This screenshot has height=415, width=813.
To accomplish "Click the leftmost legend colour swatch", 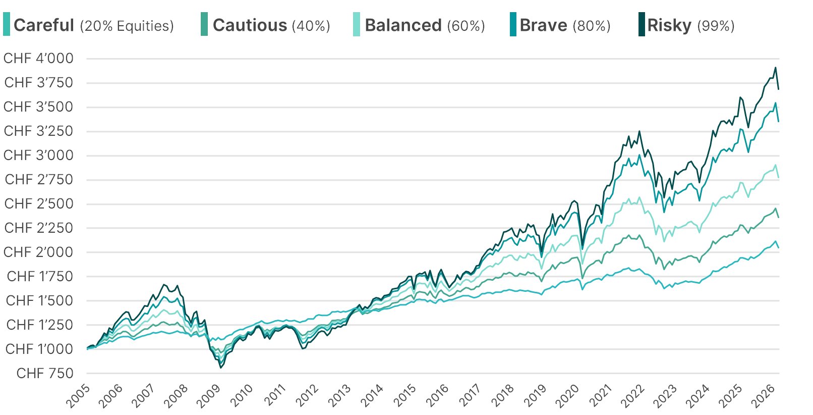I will click(x=7, y=25).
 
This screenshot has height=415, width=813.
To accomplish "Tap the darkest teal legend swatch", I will click(x=642, y=25).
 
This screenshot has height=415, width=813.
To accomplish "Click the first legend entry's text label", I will click(x=93, y=25).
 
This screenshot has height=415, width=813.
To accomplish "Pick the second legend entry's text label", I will click(x=271, y=25).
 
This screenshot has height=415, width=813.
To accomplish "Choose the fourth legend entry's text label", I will click(x=565, y=25).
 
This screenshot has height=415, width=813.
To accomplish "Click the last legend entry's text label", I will click(x=690, y=25).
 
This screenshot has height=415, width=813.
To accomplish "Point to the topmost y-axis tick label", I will click(x=39, y=59).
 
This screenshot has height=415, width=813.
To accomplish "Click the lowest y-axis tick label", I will click(x=46, y=374).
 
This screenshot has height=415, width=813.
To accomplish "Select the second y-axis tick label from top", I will click(x=39, y=83).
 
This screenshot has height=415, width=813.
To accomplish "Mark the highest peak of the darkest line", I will click(x=776, y=66).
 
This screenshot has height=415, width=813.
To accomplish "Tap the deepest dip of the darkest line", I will click(x=221, y=368).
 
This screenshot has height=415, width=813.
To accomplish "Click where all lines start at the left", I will click(x=87, y=348).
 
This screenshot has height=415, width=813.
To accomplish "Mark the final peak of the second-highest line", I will click(x=776, y=103).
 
